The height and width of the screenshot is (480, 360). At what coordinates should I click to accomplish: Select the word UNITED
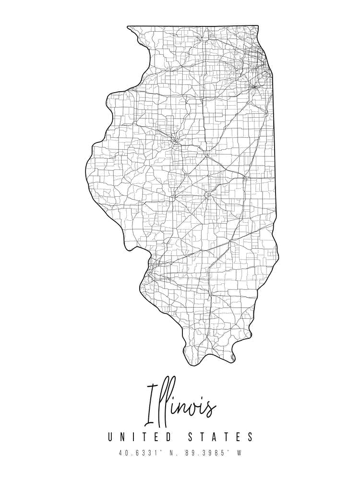[x=139, y=437]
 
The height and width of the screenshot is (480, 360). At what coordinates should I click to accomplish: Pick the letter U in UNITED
[x=111, y=437]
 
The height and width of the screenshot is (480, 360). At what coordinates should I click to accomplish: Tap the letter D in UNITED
[x=168, y=437]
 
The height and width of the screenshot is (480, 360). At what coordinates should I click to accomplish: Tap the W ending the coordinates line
[x=239, y=452]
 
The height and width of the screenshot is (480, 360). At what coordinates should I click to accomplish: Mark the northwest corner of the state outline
[x=128, y=26]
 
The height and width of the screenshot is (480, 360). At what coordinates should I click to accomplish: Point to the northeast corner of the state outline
[x=258, y=26]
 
